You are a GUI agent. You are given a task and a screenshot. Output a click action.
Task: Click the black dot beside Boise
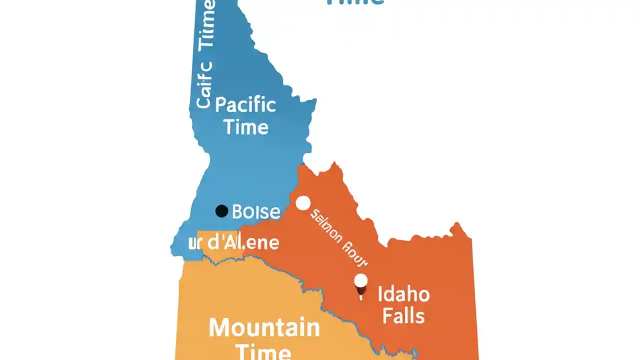(221, 211)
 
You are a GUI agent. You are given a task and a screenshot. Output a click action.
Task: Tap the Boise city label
(256, 211)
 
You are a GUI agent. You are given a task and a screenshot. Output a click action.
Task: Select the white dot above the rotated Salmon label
(303, 203)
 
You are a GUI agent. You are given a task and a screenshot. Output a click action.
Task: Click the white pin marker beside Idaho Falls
(361, 281)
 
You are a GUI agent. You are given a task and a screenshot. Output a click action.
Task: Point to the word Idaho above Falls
(403, 294)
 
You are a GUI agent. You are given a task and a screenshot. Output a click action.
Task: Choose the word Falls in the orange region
(403, 316)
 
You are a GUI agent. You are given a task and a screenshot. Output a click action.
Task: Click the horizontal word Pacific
(245, 105)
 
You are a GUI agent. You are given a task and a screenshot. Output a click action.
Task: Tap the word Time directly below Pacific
(246, 127)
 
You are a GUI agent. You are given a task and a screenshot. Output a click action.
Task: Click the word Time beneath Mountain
(263, 351)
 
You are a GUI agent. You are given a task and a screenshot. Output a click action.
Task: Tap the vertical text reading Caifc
(204, 85)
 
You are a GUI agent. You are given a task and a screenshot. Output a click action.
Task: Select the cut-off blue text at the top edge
(355, 2)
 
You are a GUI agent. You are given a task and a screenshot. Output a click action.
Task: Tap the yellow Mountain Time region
(225, 295)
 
